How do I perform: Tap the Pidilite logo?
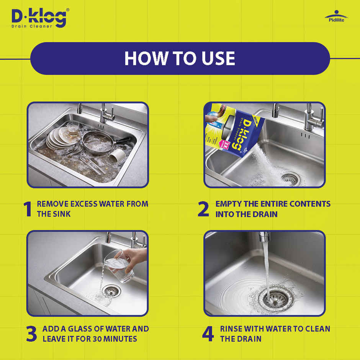click(x=336, y=16)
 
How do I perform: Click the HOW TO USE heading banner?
click(x=180, y=58)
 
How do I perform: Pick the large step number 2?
click(x=203, y=209)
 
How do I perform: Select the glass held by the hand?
click(x=119, y=268)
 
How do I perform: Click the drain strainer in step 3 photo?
click(x=112, y=291)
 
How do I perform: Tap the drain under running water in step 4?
click(x=272, y=298)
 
